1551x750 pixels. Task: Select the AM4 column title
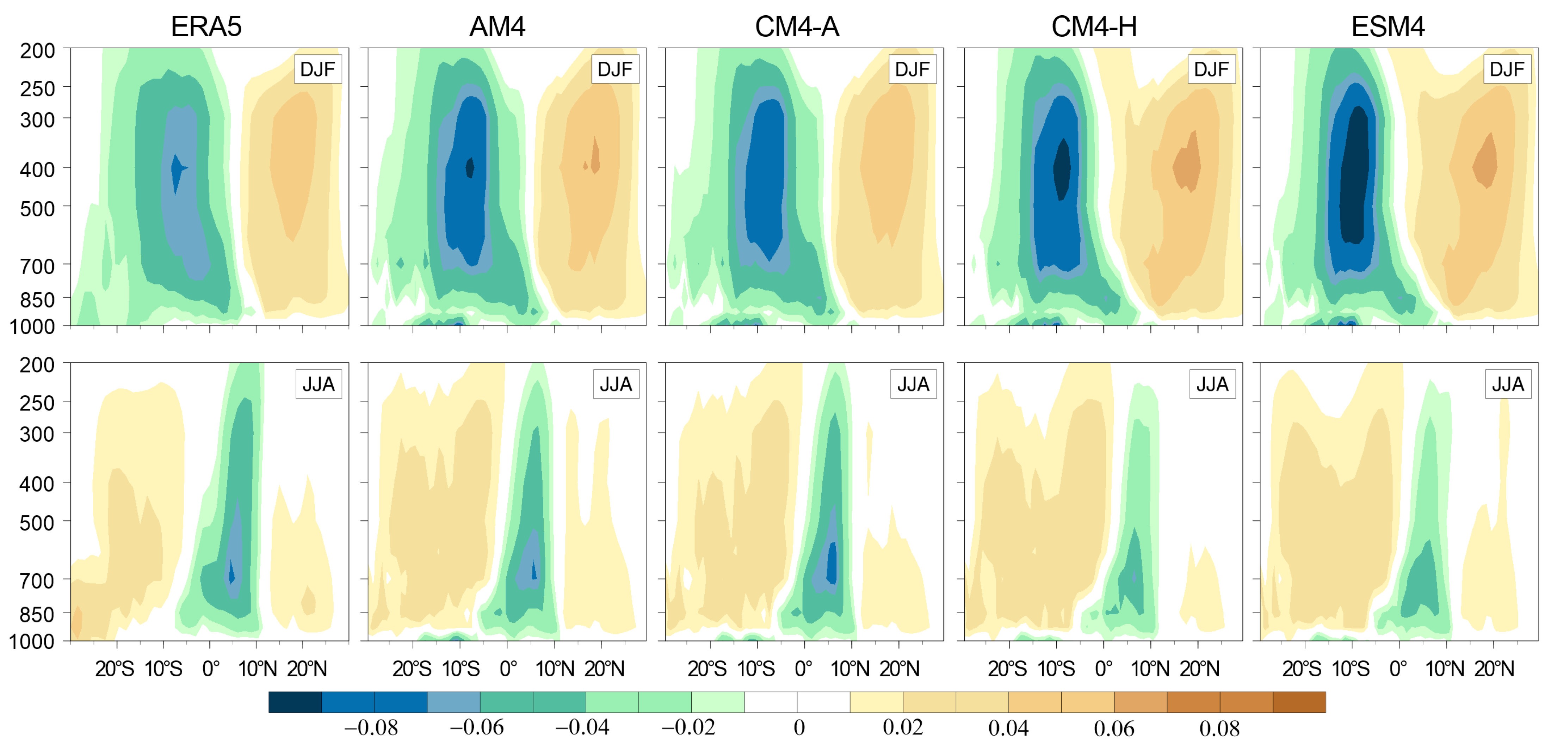[498, 26]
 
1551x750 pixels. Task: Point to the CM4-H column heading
[1094, 26]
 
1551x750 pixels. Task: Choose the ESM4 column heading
[1388, 26]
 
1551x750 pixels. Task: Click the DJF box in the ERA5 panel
[317, 69]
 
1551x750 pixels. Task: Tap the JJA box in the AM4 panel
[615, 384]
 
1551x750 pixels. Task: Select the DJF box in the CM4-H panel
[1211, 69]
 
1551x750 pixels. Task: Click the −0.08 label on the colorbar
[371, 728]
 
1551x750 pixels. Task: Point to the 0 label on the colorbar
[799, 728]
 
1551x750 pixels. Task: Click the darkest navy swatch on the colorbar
[295, 702]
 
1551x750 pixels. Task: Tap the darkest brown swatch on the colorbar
[1299, 702]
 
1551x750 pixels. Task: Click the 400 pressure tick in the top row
[37, 170]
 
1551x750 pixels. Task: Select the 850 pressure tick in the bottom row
[37, 614]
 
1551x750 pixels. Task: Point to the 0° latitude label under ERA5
[211, 669]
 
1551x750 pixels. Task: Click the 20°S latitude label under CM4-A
[707, 669]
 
